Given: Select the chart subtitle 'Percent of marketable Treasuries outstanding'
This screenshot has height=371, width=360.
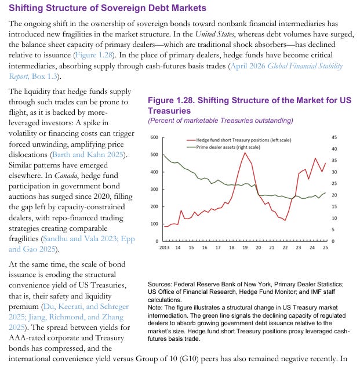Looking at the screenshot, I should [x=220, y=120].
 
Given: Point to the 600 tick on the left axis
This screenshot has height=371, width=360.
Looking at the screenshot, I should [x=155, y=137].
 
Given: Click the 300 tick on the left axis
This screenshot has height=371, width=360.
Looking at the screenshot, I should [x=155, y=189].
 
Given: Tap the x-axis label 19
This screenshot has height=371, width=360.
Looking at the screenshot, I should [x=245, y=248].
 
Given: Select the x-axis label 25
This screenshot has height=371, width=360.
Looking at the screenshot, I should [x=325, y=248].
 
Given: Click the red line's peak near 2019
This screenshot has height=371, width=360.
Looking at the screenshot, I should [x=245, y=152].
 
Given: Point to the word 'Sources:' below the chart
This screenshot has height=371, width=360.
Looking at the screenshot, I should [x=160, y=284].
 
